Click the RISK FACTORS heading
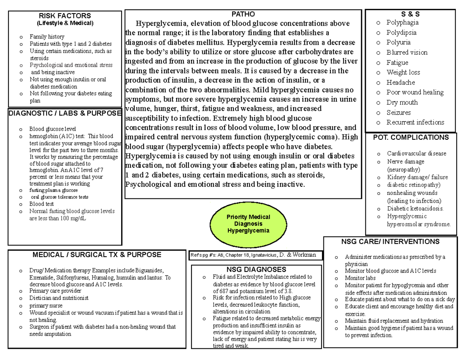[x=64, y=16]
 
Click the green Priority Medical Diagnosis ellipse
[x=243, y=224]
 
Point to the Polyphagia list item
[x=402, y=23]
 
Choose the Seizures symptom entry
[x=398, y=113]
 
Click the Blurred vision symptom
[x=407, y=52]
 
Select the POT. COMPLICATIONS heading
[x=410, y=137]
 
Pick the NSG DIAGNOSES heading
[x=256, y=270]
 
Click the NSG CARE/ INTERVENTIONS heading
[x=390, y=242]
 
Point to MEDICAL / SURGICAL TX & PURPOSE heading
[x=96, y=255]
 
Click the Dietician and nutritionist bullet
[x=59, y=298]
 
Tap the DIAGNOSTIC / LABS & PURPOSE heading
[x=64, y=113]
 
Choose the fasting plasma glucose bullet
[x=54, y=190]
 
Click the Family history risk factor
[x=44, y=37]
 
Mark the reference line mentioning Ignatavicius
[x=257, y=255]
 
